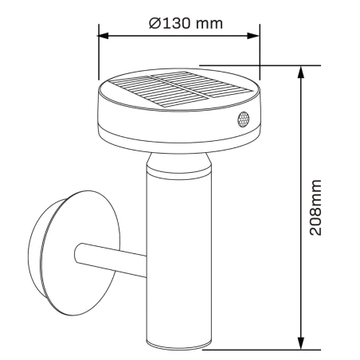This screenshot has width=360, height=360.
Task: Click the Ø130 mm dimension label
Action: point(185,22)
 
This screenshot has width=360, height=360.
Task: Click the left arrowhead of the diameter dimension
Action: point(103,35)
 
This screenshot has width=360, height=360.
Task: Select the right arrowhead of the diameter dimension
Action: point(256,35)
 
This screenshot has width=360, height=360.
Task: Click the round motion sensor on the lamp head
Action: point(242,120)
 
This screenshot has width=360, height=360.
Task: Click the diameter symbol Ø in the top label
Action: point(154,22)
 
